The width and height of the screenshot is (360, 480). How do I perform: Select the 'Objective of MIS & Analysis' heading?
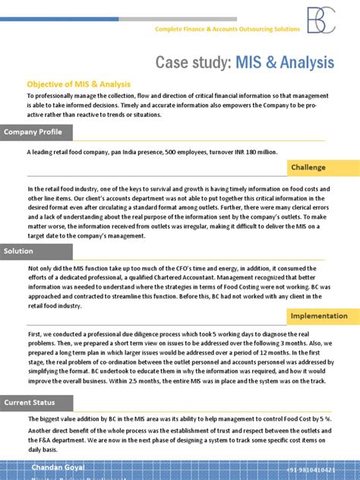click(x=79, y=84)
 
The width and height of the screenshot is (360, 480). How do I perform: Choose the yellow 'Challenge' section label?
click(x=308, y=167)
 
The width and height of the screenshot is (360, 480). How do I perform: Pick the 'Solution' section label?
click(x=18, y=251)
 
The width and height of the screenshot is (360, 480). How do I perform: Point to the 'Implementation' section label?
click(x=319, y=315)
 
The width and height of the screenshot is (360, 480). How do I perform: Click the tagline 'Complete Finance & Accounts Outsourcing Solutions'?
click(x=227, y=29)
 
